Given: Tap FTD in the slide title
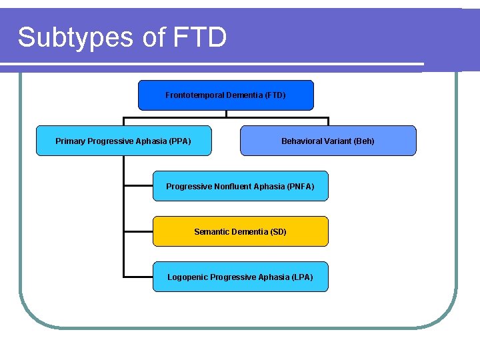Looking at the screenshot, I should tap(199, 37).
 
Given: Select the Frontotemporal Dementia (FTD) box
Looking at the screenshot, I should tap(225, 95).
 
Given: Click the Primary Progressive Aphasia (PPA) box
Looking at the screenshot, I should tap(123, 141).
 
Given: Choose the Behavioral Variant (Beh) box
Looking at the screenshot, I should tap(327, 141).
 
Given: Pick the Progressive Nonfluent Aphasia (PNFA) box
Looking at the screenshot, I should tap(240, 186).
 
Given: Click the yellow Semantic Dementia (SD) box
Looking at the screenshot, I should tap(240, 231).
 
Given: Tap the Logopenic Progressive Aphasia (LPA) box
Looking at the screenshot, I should tap(240, 277).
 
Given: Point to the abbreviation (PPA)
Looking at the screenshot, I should tap(180, 141).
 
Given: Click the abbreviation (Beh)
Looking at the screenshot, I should tap(364, 141).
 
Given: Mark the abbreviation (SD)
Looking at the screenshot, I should tap(278, 232).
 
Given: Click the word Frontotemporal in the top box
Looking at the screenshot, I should tap(195, 95).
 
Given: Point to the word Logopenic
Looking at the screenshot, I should tap(187, 277).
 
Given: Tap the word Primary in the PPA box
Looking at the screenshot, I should tap(70, 141).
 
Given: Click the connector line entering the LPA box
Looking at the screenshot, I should tap(138, 275).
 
